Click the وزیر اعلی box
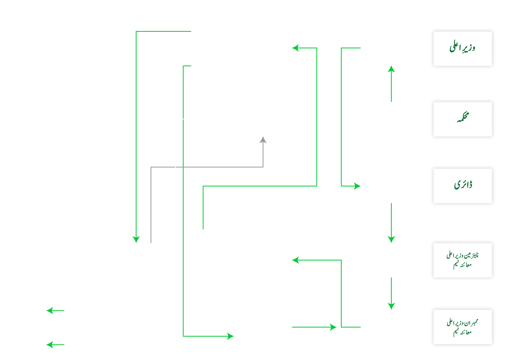[462, 48]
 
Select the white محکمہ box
[462, 119]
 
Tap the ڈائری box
[462, 186]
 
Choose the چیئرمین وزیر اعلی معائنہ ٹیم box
[462, 260]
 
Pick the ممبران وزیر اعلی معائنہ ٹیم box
[462, 327]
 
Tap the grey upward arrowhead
[263, 140]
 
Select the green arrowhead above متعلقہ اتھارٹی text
[136, 239]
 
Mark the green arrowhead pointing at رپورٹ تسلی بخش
[296, 260]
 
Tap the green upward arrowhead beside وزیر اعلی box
[391, 69]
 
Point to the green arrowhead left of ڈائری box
[357, 186]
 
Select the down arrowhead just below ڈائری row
[391, 239]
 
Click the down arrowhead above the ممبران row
[391, 306]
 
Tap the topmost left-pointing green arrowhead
[296, 48]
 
